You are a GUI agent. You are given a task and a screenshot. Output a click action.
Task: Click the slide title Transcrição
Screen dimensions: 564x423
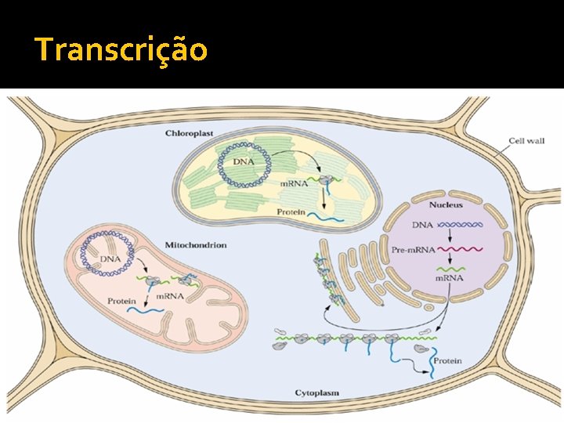click(121, 49)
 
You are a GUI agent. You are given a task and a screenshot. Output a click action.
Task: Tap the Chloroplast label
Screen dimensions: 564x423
click(189, 134)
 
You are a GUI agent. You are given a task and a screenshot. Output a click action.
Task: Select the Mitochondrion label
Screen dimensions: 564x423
click(197, 245)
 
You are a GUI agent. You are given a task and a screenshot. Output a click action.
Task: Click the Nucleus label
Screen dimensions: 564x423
click(445, 205)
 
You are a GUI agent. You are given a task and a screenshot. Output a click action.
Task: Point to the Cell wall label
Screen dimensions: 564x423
click(526, 142)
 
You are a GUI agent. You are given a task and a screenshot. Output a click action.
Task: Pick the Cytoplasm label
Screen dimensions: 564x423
click(317, 392)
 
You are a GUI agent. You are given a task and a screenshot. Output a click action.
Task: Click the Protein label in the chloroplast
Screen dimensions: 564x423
click(290, 211)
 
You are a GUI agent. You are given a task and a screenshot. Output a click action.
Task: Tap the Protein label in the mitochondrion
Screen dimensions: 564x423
click(122, 301)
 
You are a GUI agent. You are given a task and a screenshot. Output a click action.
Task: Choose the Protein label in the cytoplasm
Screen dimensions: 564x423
click(447, 361)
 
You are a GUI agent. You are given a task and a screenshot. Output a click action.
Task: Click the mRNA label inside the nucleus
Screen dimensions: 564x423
click(450, 278)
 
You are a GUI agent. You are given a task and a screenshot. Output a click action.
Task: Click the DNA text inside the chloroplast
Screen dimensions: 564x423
click(244, 161)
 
